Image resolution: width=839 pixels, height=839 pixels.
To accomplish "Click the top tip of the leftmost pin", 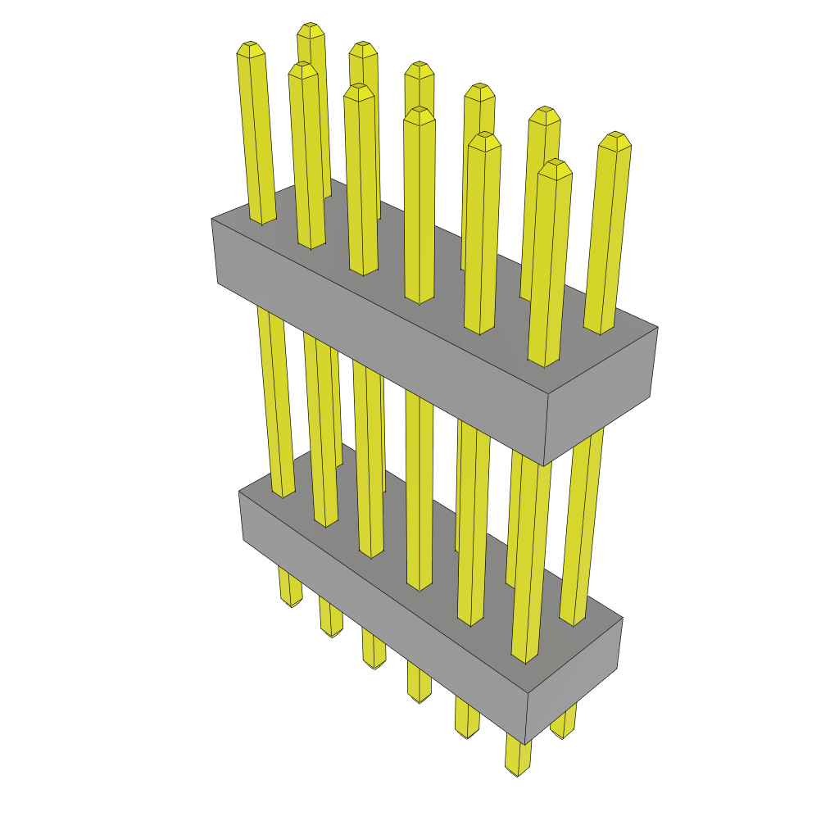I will click(x=250, y=48).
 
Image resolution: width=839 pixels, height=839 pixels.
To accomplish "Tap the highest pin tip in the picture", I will click(x=311, y=29).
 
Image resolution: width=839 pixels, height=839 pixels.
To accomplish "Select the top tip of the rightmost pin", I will click(x=615, y=138).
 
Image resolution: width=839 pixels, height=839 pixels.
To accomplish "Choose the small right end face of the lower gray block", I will click(x=574, y=679).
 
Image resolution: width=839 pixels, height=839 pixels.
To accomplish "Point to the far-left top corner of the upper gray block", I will click(x=211, y=219).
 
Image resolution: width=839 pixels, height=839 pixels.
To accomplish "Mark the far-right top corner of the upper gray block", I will click(x=658, y=328).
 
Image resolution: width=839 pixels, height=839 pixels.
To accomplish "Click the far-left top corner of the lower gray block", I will click(x=238, y=492).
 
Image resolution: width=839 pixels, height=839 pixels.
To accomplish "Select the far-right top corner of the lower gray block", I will click(x=623, y=618).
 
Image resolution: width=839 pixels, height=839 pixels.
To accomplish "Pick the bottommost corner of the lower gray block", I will click(x=526, y=745).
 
